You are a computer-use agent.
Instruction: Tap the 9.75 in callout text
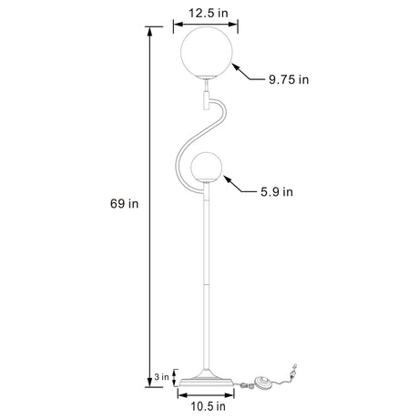289,79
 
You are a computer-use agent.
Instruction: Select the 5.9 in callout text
275,191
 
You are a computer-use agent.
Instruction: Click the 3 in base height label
160,374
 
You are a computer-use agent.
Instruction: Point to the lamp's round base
207,380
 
